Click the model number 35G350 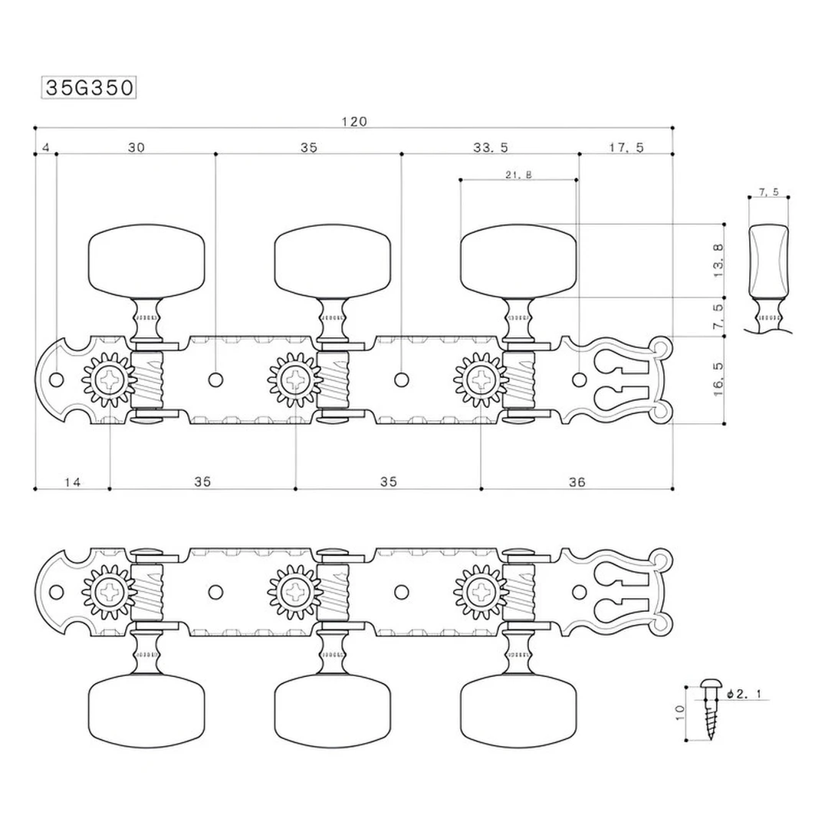[x=89, y=87]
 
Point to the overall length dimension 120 [x=354, y=121]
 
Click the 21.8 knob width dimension [x=518, y=176]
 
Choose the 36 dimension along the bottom [x=577, y=482]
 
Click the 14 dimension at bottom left [x=72, y=482]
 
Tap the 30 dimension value [x=136, y=148]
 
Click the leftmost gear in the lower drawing [x=110, y=592]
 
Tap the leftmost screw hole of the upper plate [x=56, y=379]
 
